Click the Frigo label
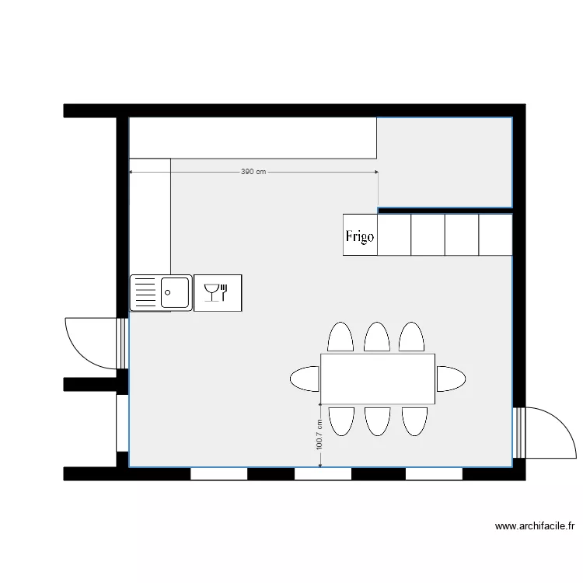click(x=360, y=236)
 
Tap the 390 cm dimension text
click(x=253, y=172)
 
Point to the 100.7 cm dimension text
click(x=319, y=435)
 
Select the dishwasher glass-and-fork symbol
click(x=218, y=292)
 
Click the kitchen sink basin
click(x=176, y=293)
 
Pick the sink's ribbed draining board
click(x=145, y=293)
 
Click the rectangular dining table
click(x=378, y=379)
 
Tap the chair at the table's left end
click(x=305, y=379)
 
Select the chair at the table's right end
click(x=451, y=379)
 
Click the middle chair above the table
click(x=377, y=337)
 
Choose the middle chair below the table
click(x=377, y=421)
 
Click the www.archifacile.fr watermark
click(x=536, y=526)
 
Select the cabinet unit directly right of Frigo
click(x=393, y=235)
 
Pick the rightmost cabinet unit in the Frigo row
click(x=495, y=235)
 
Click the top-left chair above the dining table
click(x=340, y=337)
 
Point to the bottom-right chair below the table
click(x=414, y=421)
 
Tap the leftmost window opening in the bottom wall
click(x=218, y=473)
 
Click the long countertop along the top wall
click(x=253, y=138)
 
